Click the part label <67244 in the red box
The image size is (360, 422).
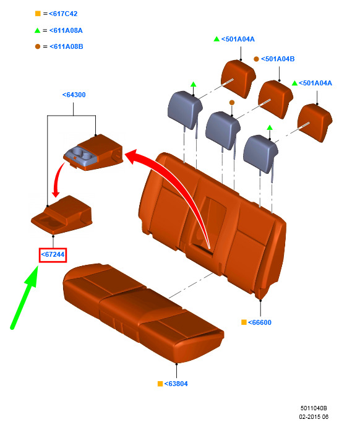pyautogui.click(x=53, y=254)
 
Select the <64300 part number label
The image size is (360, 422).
pyautogui.click(x=74, y=95)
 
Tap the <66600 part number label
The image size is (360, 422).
pyautogui.click(x=260, y=322)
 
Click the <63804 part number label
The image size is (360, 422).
pyautogui.click(x=176, y=384)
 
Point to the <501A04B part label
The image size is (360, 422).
pyautogui.click(x=278, y=59)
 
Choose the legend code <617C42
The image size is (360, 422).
pyautogui.click(x=63, y=14)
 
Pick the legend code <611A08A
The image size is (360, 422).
pyautogui.click(x=66, y=30)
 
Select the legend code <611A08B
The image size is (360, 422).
pyautogui.click(x=66, y=46)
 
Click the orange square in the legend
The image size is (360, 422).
pyautogui.click(x=38, y=14)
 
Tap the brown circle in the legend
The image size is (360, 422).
pyautogui.click(x=38, y=46)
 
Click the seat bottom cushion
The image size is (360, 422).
pyautogui.click(x=143, y=312)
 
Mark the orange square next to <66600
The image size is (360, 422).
pyautogui.click(x=244, y=322)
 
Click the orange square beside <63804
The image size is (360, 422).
pyautogui.click(x=160, y=384)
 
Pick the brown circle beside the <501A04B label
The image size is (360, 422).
pyautogui.click(x=256, y=59)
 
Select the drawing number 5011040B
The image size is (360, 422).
pyautogui.click(x=314, y=408)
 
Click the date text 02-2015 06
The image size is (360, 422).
pyautogui.click(x=314, y=417)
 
